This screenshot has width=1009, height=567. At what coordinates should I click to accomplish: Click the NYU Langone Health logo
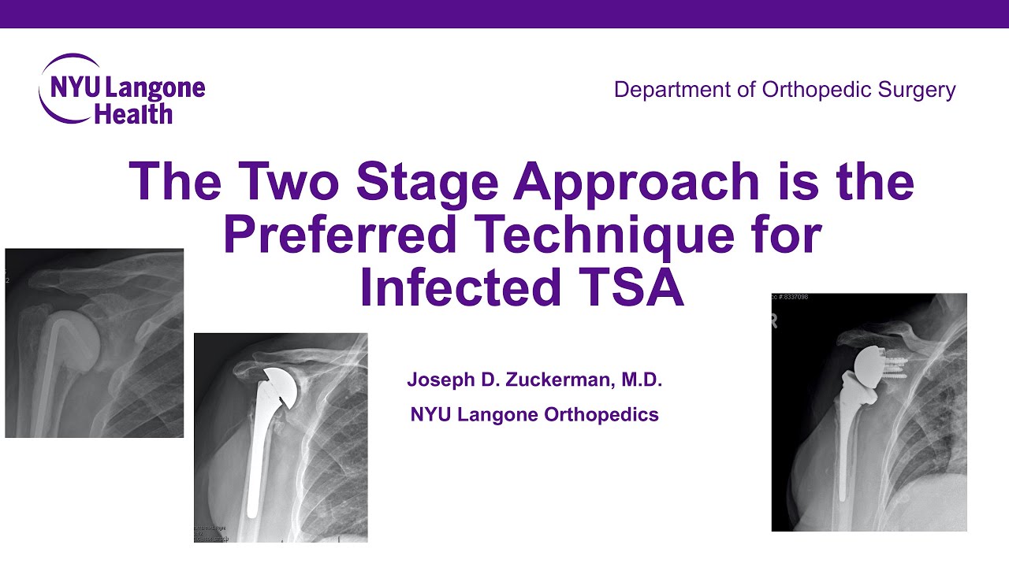pos(122,89)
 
